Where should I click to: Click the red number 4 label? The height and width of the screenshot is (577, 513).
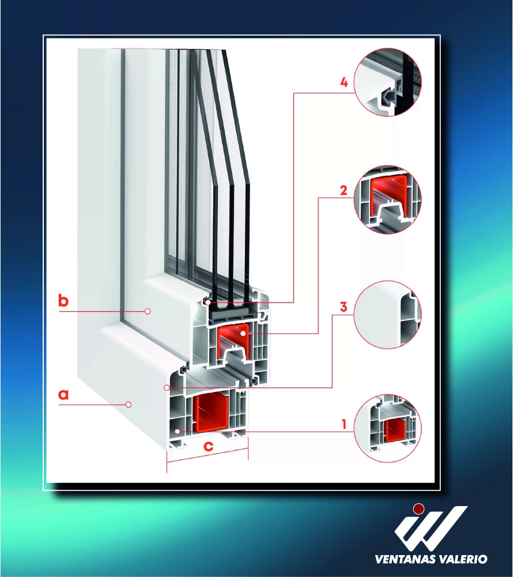[x=344, y=82]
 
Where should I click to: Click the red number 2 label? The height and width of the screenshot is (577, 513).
[x=344, y=190]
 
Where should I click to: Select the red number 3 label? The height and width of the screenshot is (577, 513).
[x=344, y=307]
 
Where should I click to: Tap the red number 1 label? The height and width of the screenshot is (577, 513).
[x=344, y=424]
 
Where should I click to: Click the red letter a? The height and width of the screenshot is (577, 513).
[x=63, y=394]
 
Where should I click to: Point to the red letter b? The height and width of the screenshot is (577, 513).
[x=63, y=300]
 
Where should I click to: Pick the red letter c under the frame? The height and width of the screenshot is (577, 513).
[x=208, y=446]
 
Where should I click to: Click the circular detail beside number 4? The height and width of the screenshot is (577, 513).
[x=387, y=82]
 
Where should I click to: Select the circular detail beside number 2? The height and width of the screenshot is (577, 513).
[x=387, y=199]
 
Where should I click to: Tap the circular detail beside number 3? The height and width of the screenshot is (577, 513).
[x=387, y=315]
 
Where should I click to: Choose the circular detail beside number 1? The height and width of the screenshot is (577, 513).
[x=387, y=428]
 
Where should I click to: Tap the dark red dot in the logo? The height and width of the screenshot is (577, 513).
[x=418, y=509]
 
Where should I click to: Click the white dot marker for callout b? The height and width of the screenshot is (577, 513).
[x=148, y=311]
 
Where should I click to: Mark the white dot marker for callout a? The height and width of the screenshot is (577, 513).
[x=129, y=405]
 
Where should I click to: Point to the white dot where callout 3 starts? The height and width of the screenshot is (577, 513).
[x=167, y=387]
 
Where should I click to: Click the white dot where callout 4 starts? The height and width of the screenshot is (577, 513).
[x=208, y=302]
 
